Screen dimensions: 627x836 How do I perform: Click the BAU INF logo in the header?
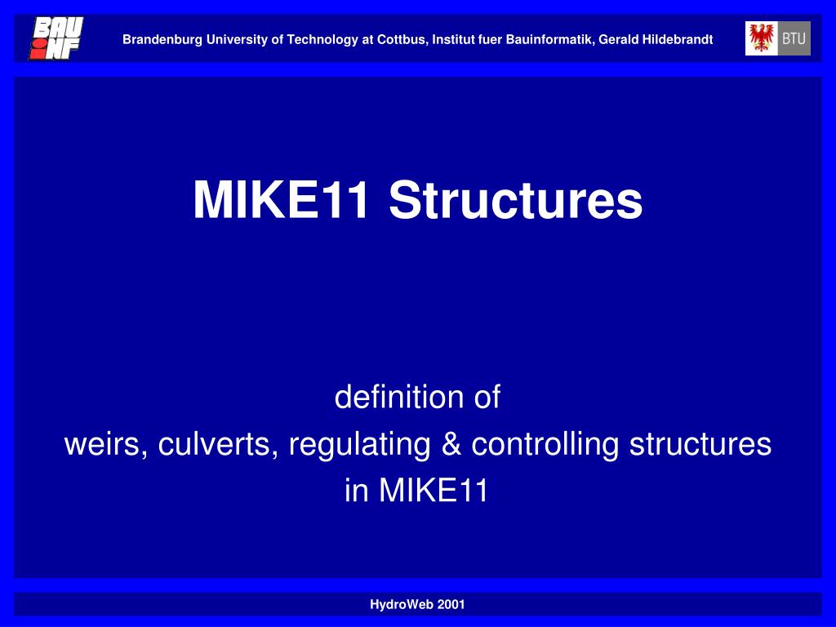point(56,38)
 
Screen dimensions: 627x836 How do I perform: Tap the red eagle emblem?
point(762,38)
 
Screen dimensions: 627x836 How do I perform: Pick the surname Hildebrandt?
point(676,39)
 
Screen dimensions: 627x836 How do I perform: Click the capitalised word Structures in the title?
point(516,200)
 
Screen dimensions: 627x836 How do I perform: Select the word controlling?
point(545,444)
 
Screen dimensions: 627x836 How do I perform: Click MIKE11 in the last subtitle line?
point(434,491)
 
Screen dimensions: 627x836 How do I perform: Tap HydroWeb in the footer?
point(401,605)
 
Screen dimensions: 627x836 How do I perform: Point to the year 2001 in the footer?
point(451,605)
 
